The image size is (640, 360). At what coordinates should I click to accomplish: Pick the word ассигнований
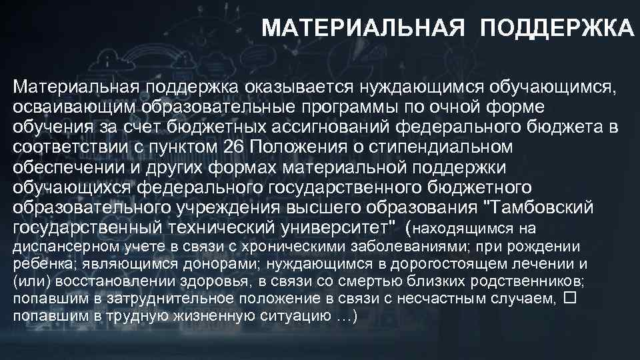tap(331, 127)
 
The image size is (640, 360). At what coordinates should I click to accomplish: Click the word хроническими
tap(261, 247)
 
